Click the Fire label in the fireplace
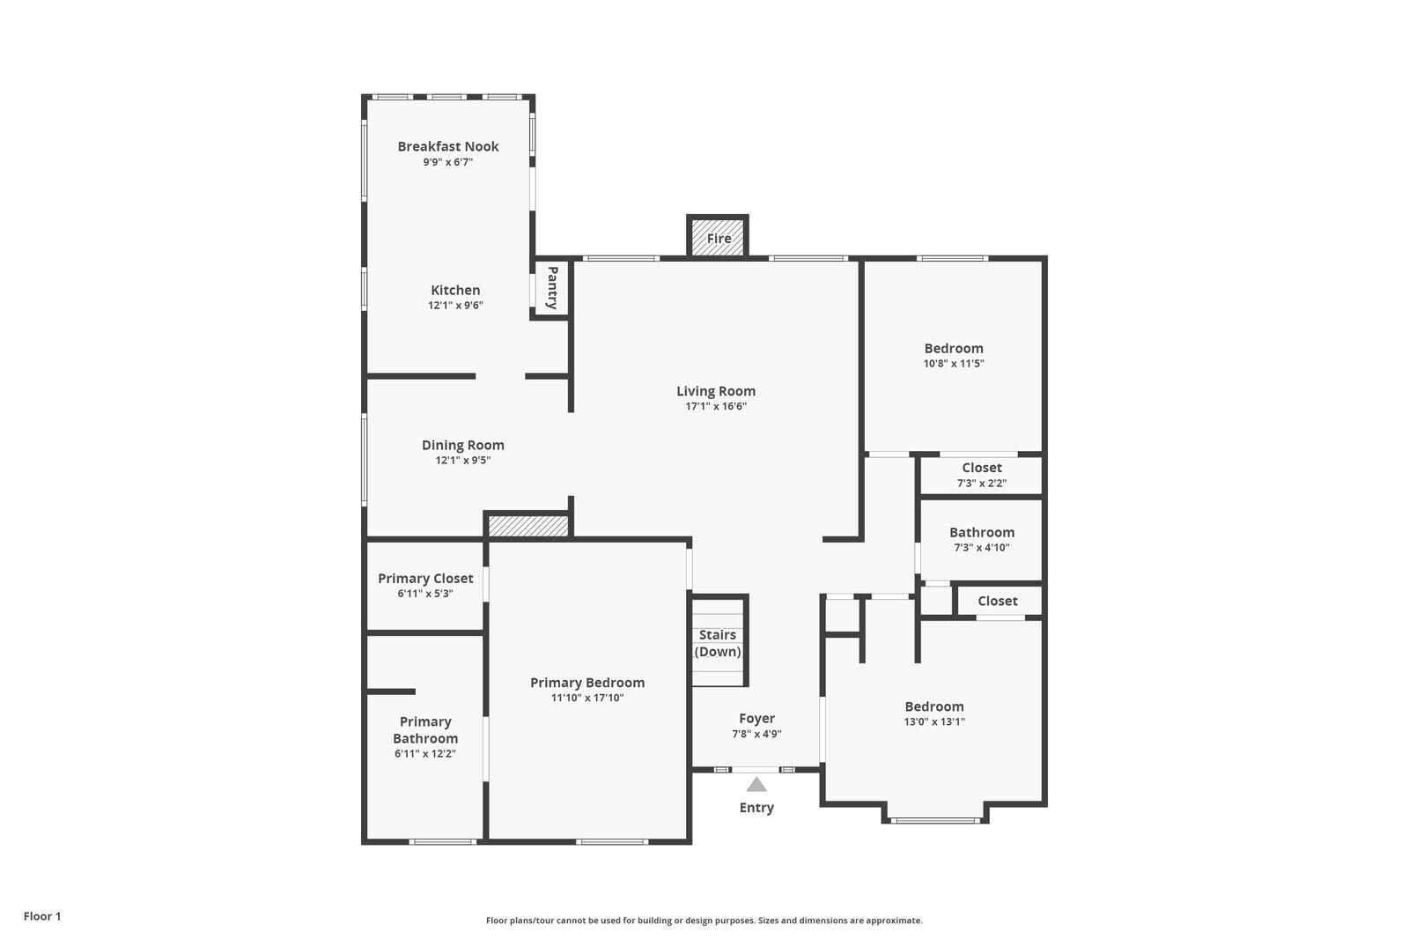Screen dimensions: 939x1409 coord(719,239)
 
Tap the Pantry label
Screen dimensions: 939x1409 coord(552,287)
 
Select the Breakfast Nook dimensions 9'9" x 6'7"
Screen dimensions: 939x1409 coord(447,162)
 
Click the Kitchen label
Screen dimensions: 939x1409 coord(455,290)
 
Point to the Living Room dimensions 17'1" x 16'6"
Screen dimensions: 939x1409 coord(716,406)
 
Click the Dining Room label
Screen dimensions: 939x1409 coord(462,445)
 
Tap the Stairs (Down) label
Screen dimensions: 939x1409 coord(718,643)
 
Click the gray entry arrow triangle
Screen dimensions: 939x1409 coord(756,785)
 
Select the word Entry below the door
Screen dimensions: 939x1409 coord(756,808)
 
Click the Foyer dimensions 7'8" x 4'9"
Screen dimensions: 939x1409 coord(756,734)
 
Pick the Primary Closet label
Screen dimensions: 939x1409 coord(425,579)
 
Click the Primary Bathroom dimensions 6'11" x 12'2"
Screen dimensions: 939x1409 coord(424,754)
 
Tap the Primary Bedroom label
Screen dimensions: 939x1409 coord(587,683)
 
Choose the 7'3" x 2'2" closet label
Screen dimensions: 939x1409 coord(981,483)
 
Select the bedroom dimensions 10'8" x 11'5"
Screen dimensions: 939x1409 coord(954,363)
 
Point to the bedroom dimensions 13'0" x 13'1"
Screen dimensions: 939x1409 coord(934,721)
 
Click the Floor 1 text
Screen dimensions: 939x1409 coord(42,916)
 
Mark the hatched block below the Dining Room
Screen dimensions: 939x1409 coord(528,526)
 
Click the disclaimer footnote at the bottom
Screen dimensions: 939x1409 coord(704,921)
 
